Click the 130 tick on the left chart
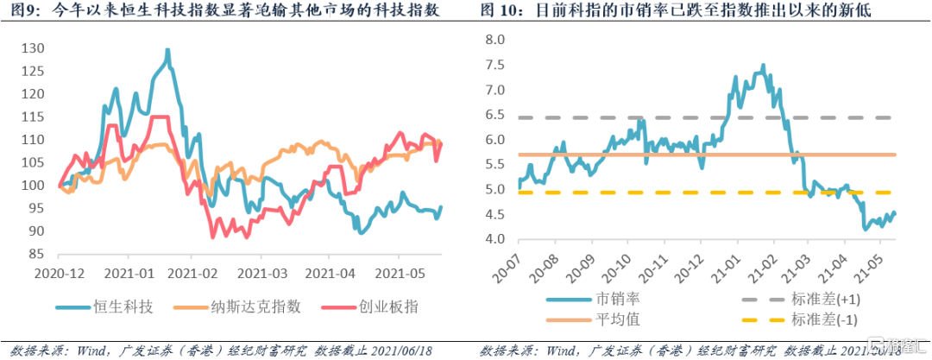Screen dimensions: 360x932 (x=33, y=47)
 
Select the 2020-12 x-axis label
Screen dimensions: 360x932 (x=59, y=273)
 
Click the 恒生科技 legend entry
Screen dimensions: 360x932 (x=109, y=306)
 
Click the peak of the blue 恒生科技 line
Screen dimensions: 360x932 (x=167, y=51)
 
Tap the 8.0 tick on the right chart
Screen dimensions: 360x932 (x=494, y=40)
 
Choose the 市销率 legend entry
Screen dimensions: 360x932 (x=620, y=300)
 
